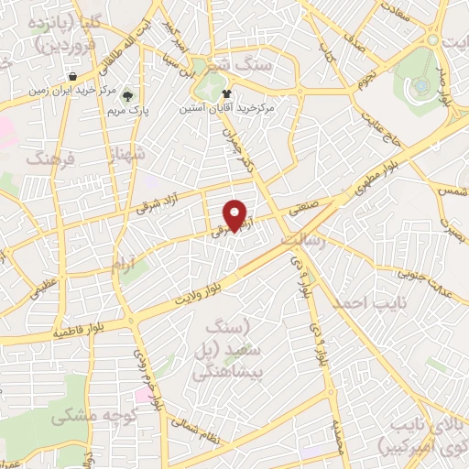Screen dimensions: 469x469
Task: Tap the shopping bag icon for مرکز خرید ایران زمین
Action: [x=71, y=76]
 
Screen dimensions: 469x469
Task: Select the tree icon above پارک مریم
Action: [x=128, y=94]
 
